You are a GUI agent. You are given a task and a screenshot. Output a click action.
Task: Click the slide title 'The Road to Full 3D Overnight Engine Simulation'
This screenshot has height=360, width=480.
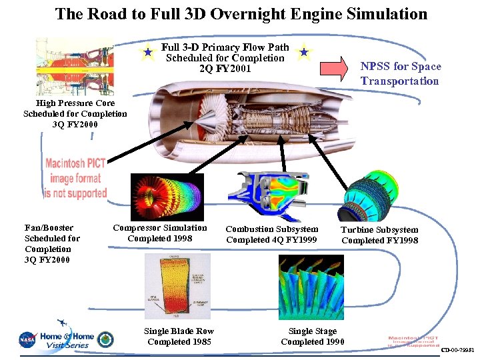(241, 14)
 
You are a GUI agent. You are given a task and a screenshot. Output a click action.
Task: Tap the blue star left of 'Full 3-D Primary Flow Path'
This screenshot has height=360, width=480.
(147, 51)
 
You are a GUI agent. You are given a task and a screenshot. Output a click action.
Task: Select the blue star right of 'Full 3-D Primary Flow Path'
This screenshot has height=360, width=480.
(303, 51)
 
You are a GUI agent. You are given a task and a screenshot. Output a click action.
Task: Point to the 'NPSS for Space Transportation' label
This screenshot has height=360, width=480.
(399, 73)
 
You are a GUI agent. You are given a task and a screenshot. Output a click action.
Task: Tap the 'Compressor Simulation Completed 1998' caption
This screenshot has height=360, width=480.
(160, 233)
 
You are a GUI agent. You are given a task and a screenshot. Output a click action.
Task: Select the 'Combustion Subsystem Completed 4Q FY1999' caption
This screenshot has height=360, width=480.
(271, 234)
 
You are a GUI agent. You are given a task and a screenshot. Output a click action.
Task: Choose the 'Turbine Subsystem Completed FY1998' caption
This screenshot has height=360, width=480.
(379, 235)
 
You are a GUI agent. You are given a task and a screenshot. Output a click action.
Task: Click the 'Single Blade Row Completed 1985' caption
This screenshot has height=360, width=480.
(179, 336)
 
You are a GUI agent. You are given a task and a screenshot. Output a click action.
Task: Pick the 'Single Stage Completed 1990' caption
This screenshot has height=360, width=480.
(313, 336)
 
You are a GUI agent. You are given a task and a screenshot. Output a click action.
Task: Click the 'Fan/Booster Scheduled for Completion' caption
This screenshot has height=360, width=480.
(52, 243)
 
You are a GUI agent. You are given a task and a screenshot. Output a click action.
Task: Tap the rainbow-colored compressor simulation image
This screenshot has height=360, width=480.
(158, 197)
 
